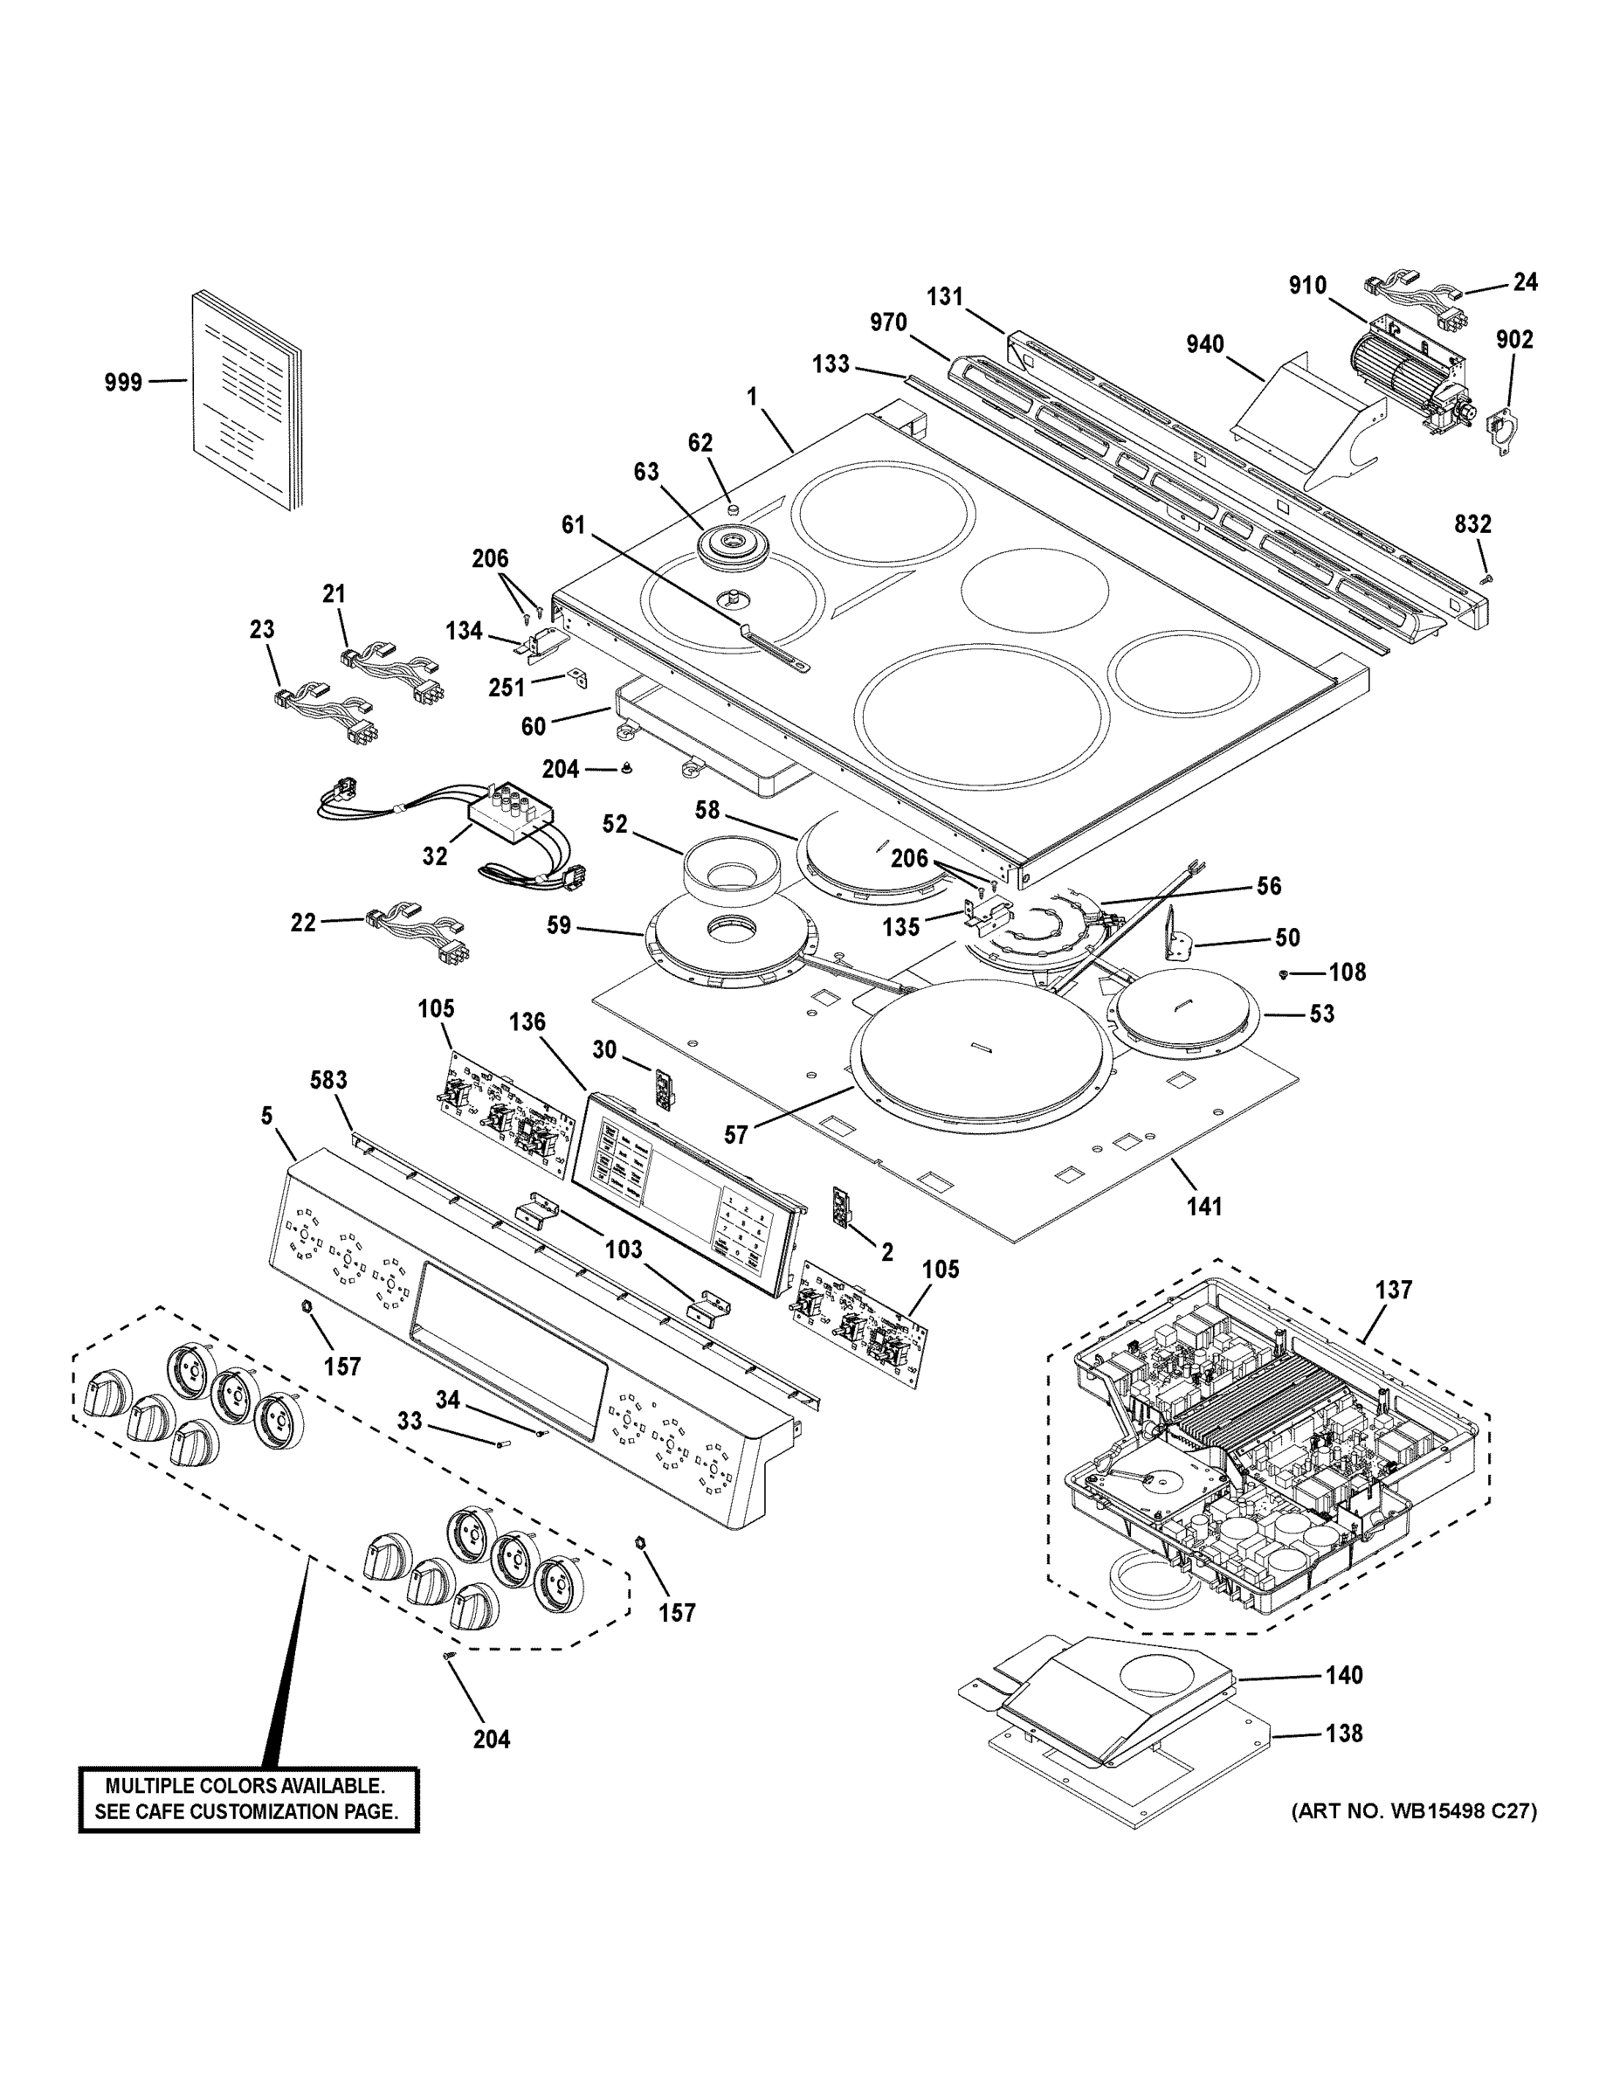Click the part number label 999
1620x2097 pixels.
[123, 382]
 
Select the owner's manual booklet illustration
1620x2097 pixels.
[246, 400]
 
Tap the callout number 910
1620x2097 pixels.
[1307, 285]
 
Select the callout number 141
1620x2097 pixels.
[1204, 1206]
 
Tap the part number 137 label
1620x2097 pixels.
[1393, 1290]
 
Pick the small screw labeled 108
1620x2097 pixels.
[1284, 974]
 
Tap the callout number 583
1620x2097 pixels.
[328, 1079]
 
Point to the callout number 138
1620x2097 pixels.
[1344, 1734]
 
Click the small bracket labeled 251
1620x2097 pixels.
[580, 680]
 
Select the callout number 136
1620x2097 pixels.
[527, 1021]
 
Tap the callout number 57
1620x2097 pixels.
[735, 1135]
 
